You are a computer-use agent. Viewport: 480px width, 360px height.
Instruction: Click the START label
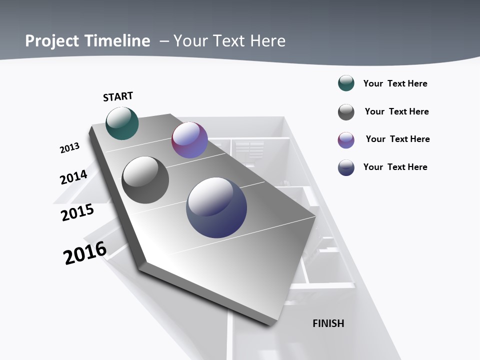(x=118, y=96)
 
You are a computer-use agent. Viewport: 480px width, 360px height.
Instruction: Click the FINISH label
(x=328, y=323)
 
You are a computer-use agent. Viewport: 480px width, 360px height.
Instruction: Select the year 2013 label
(x=69, y=148)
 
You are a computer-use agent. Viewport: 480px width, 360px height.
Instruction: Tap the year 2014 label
(x=73, y=177)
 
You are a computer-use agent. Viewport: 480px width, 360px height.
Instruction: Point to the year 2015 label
(x=77, y=212)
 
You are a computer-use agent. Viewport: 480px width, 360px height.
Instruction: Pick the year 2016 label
(x=85, y=252)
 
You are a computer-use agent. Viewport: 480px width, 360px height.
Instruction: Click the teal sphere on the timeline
(x=122, y=123)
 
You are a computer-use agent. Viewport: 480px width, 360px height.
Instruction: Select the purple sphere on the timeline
(x=189, y=140)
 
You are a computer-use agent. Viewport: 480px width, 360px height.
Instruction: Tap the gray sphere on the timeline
(x=145, y=180)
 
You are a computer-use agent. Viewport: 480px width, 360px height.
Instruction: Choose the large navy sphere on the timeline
(x=216, y=207)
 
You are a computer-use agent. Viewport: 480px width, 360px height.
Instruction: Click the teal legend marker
(x=346, y=83)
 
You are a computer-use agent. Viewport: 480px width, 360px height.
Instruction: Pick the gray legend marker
(x=346, y=112)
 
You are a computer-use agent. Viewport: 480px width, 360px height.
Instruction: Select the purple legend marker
(x=346, y=140)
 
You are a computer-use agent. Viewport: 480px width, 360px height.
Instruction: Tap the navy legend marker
(x=346, y=167)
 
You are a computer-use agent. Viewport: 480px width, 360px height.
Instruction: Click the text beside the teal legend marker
(x=395, y=83)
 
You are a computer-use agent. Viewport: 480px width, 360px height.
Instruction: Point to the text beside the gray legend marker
(x=397, y=111)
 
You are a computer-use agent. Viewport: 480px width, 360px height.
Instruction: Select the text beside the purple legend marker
(x=398, y=139)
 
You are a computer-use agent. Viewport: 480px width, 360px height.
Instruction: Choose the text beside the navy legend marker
(x=395, y=167)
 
